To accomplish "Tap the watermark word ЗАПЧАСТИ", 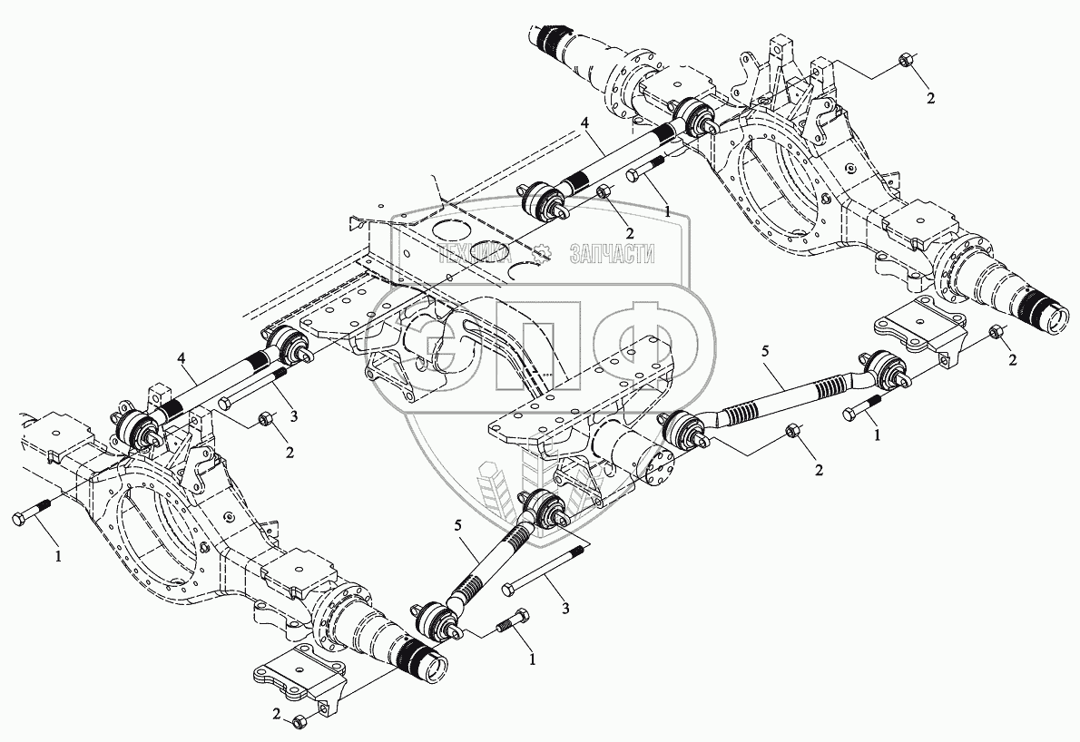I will (613, 255).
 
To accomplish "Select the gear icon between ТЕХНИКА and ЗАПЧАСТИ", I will (543, 254).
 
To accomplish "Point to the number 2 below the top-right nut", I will (929, 97).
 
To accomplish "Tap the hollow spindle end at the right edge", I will (1058, 320).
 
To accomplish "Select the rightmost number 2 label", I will (1013, 360).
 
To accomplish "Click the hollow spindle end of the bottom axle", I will (434, 666).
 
